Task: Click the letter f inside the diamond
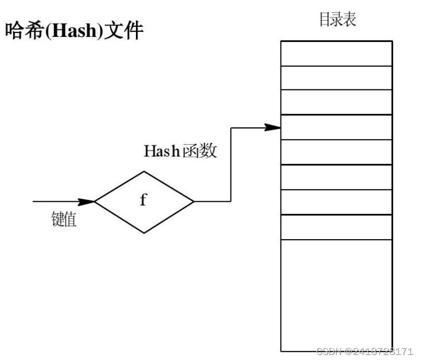pos(143,200)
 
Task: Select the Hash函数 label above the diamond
pos(180,151)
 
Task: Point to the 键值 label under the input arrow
pos(64,219)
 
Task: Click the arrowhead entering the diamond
pos(88,201)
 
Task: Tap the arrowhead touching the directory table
pos(274,127)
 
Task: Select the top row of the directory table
pos(337,53)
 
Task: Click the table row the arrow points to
pos(337,127)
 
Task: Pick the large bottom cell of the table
pos(337,295)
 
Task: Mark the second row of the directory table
pos(337,78)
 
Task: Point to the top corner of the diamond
pos(144,171)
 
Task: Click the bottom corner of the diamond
pos(144,233)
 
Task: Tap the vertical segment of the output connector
pos(231,164)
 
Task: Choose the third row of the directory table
pos(337,103)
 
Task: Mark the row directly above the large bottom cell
pos(337,227)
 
